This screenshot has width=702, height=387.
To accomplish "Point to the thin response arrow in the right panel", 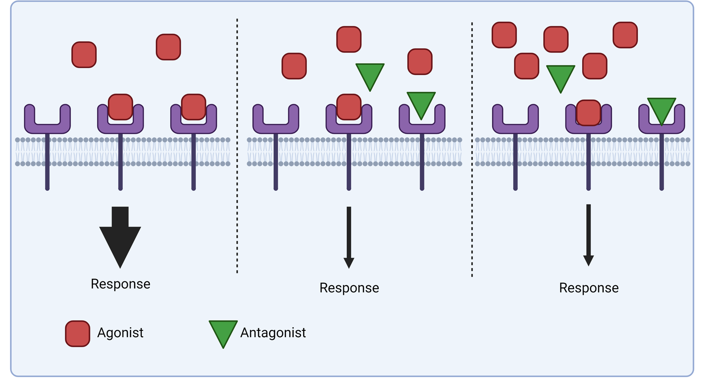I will [588, 234].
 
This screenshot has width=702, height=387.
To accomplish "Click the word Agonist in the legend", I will [120, 333].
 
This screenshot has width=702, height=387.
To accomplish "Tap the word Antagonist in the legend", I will [273, 333].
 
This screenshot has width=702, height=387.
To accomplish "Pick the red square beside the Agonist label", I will [77, 334].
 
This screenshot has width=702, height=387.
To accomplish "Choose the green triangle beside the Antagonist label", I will [223, 332].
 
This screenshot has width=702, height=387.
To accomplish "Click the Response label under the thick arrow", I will [121, 284].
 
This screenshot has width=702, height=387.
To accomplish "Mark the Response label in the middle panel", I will [349, 288].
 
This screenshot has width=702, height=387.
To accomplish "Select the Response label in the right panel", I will [589, 288].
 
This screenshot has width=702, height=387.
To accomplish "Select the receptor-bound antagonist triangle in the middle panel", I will [421, 103].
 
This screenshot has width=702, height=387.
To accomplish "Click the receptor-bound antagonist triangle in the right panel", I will [662, 108].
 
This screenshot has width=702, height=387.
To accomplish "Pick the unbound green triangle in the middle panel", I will [370, 74].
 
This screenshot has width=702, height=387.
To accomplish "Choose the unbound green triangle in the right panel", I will [561, 76].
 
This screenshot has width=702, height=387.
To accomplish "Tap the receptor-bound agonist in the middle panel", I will [349, 107].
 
